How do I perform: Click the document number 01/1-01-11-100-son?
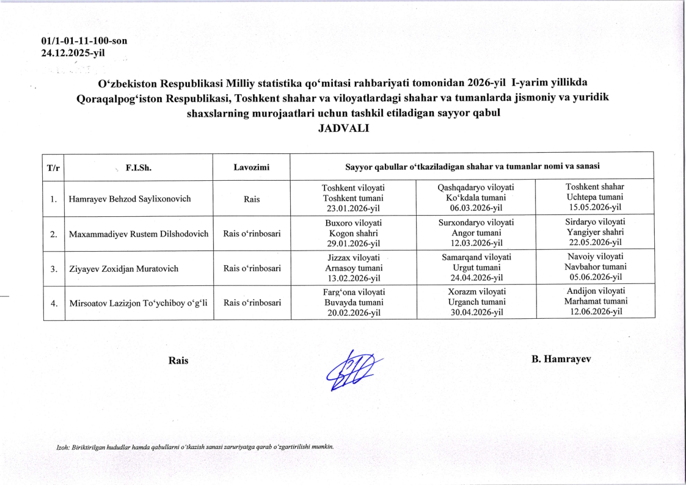coord(84,42)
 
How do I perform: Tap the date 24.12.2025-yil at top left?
coord(73,53)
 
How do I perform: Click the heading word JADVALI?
coord(343,128)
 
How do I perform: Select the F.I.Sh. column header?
coord(135,166)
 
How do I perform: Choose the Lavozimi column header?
coord(251,166)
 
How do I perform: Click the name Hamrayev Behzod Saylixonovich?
coord(130,199)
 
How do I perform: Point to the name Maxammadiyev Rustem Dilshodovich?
coord(139,234)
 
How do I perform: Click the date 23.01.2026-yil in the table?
coord(354,209)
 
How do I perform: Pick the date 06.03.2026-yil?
coord(476,209)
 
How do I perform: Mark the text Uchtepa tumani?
coord(594,197)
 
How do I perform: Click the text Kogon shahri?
coord(354,233)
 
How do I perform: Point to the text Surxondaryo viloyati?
coord(476,222)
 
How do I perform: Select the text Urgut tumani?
coord(476,268)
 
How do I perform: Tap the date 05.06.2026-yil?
coord(594,277)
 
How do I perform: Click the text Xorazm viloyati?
coord(476,291)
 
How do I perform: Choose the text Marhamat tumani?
coord(594,301)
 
